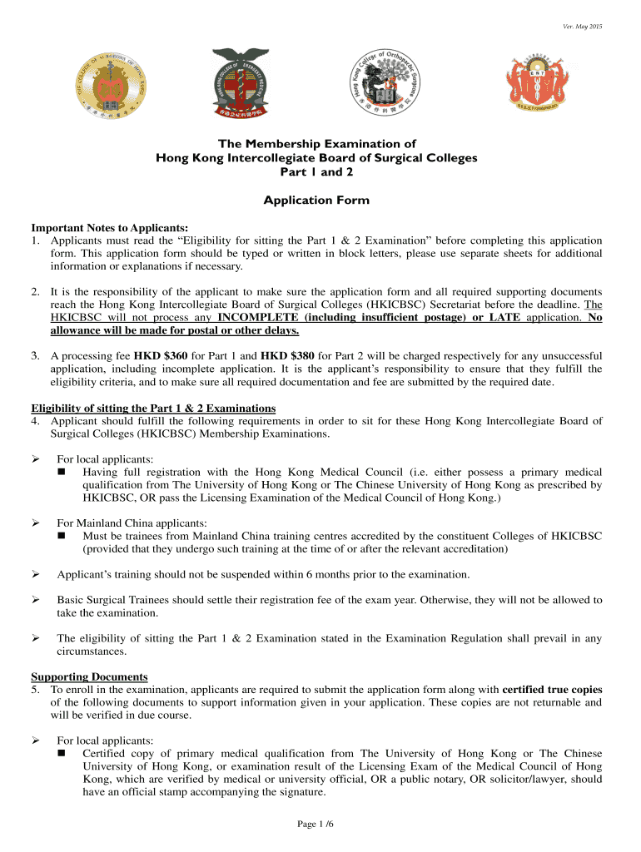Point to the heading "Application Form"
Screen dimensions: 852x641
[x=316, y=201]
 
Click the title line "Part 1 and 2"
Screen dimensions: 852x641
[x=316, y=172]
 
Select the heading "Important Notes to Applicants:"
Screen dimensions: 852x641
[x=109, y=228]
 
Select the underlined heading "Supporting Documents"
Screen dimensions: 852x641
[x=89, y=676]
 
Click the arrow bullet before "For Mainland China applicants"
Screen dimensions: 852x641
[x=36, y=523]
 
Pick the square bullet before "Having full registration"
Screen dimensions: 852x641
[x=62, y=473]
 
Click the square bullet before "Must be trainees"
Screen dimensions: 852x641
[x=62, y=536]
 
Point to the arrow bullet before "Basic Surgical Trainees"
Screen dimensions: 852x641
[x=36, y=600]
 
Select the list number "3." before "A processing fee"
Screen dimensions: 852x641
[x=36, y=356]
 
